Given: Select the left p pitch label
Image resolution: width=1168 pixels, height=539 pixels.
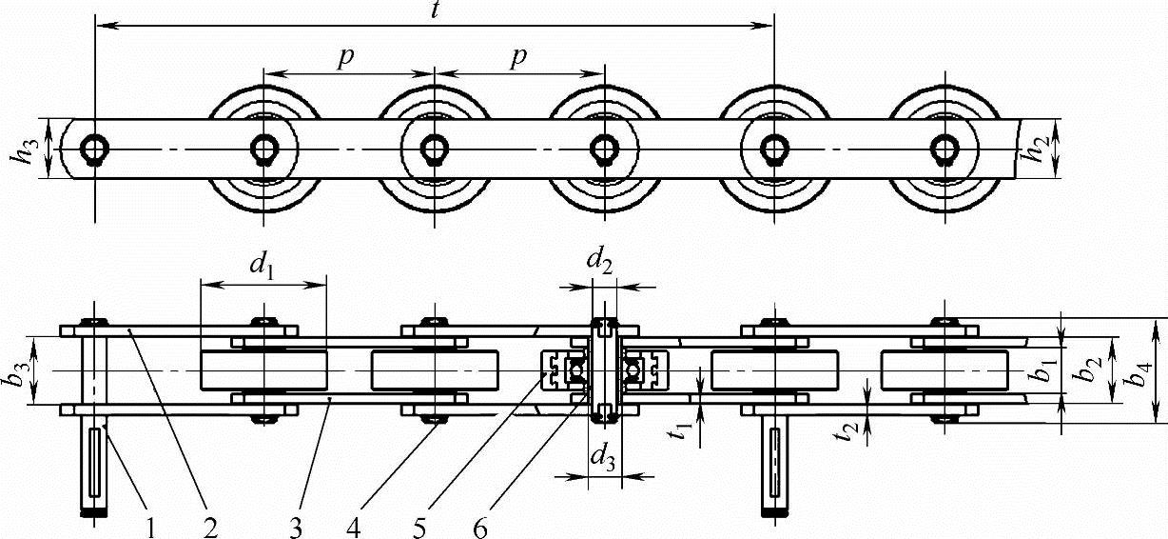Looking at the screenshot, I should point(348,57).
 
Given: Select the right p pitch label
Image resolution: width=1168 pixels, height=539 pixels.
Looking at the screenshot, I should point(518,57).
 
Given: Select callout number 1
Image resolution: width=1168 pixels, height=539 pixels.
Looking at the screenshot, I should point(150,526).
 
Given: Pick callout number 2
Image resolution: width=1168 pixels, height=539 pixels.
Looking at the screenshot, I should point(209,526).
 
